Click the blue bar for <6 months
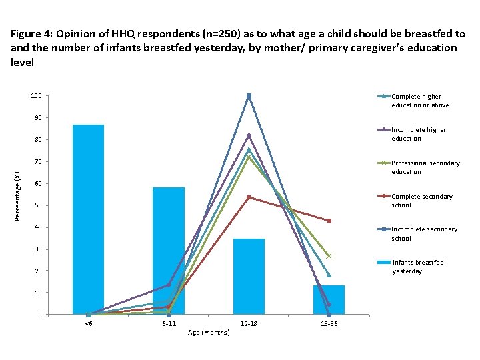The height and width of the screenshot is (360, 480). click(88, 219)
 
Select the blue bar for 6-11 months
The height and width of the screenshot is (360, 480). click(169, 251)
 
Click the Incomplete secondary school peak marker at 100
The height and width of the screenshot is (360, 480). click(249, 96)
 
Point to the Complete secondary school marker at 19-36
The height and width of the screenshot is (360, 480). click(329, 221)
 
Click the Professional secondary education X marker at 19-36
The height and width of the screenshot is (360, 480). click(329, 256)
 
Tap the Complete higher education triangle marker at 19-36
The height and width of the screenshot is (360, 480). click(329, 275)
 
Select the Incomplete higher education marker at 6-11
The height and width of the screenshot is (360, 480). click(169, 285)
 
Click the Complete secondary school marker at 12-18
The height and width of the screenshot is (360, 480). click(249, 197)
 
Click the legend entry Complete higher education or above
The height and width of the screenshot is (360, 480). click(419, 101)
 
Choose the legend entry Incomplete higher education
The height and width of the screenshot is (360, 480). click(418, 134)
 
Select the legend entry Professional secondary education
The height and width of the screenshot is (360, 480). click(425, 167)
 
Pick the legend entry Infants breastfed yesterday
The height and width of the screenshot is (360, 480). click(417, 267)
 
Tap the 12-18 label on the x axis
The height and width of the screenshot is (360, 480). click(249, 323)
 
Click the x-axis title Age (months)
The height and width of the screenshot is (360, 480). click(209, 332)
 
